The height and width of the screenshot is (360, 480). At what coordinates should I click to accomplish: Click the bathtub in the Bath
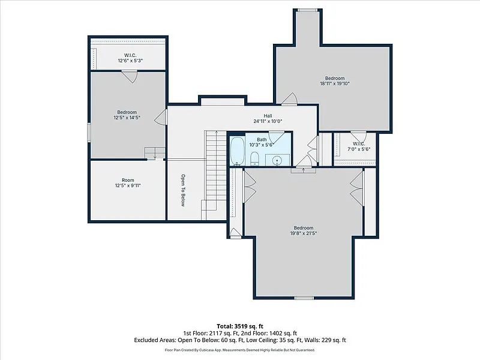point(237,151)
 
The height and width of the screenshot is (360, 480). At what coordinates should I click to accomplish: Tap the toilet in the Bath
point(254,158)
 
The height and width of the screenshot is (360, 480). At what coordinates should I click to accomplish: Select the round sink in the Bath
point(277,160)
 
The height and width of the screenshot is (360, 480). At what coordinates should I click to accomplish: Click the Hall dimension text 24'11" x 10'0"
point(268,121)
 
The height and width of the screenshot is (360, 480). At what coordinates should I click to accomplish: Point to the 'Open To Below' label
point(183,190)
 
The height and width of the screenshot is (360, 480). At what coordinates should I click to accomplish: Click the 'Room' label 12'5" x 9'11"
point(128,183)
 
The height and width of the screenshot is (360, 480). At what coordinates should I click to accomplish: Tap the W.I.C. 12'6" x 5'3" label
point(130,58)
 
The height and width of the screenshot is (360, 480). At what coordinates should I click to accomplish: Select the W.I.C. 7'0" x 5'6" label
point(359,146)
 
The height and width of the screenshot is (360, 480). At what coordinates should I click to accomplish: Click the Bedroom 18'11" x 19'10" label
point(335,81)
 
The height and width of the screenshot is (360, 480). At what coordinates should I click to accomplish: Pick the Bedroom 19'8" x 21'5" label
point(304,230)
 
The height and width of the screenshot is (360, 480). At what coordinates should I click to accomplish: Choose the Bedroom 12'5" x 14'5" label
point(127,115)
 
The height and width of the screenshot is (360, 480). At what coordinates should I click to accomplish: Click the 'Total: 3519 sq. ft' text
point(240,326)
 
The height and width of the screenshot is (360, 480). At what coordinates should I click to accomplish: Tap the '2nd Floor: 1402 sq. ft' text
point(269,334)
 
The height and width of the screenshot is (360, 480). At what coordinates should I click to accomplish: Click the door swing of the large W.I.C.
point(130,77)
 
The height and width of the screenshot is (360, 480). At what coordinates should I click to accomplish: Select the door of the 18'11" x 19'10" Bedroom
point(289,99)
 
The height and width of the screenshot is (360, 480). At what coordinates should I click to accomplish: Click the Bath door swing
point(277,137)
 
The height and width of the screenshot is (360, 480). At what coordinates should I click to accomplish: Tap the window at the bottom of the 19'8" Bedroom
point(304,298)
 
